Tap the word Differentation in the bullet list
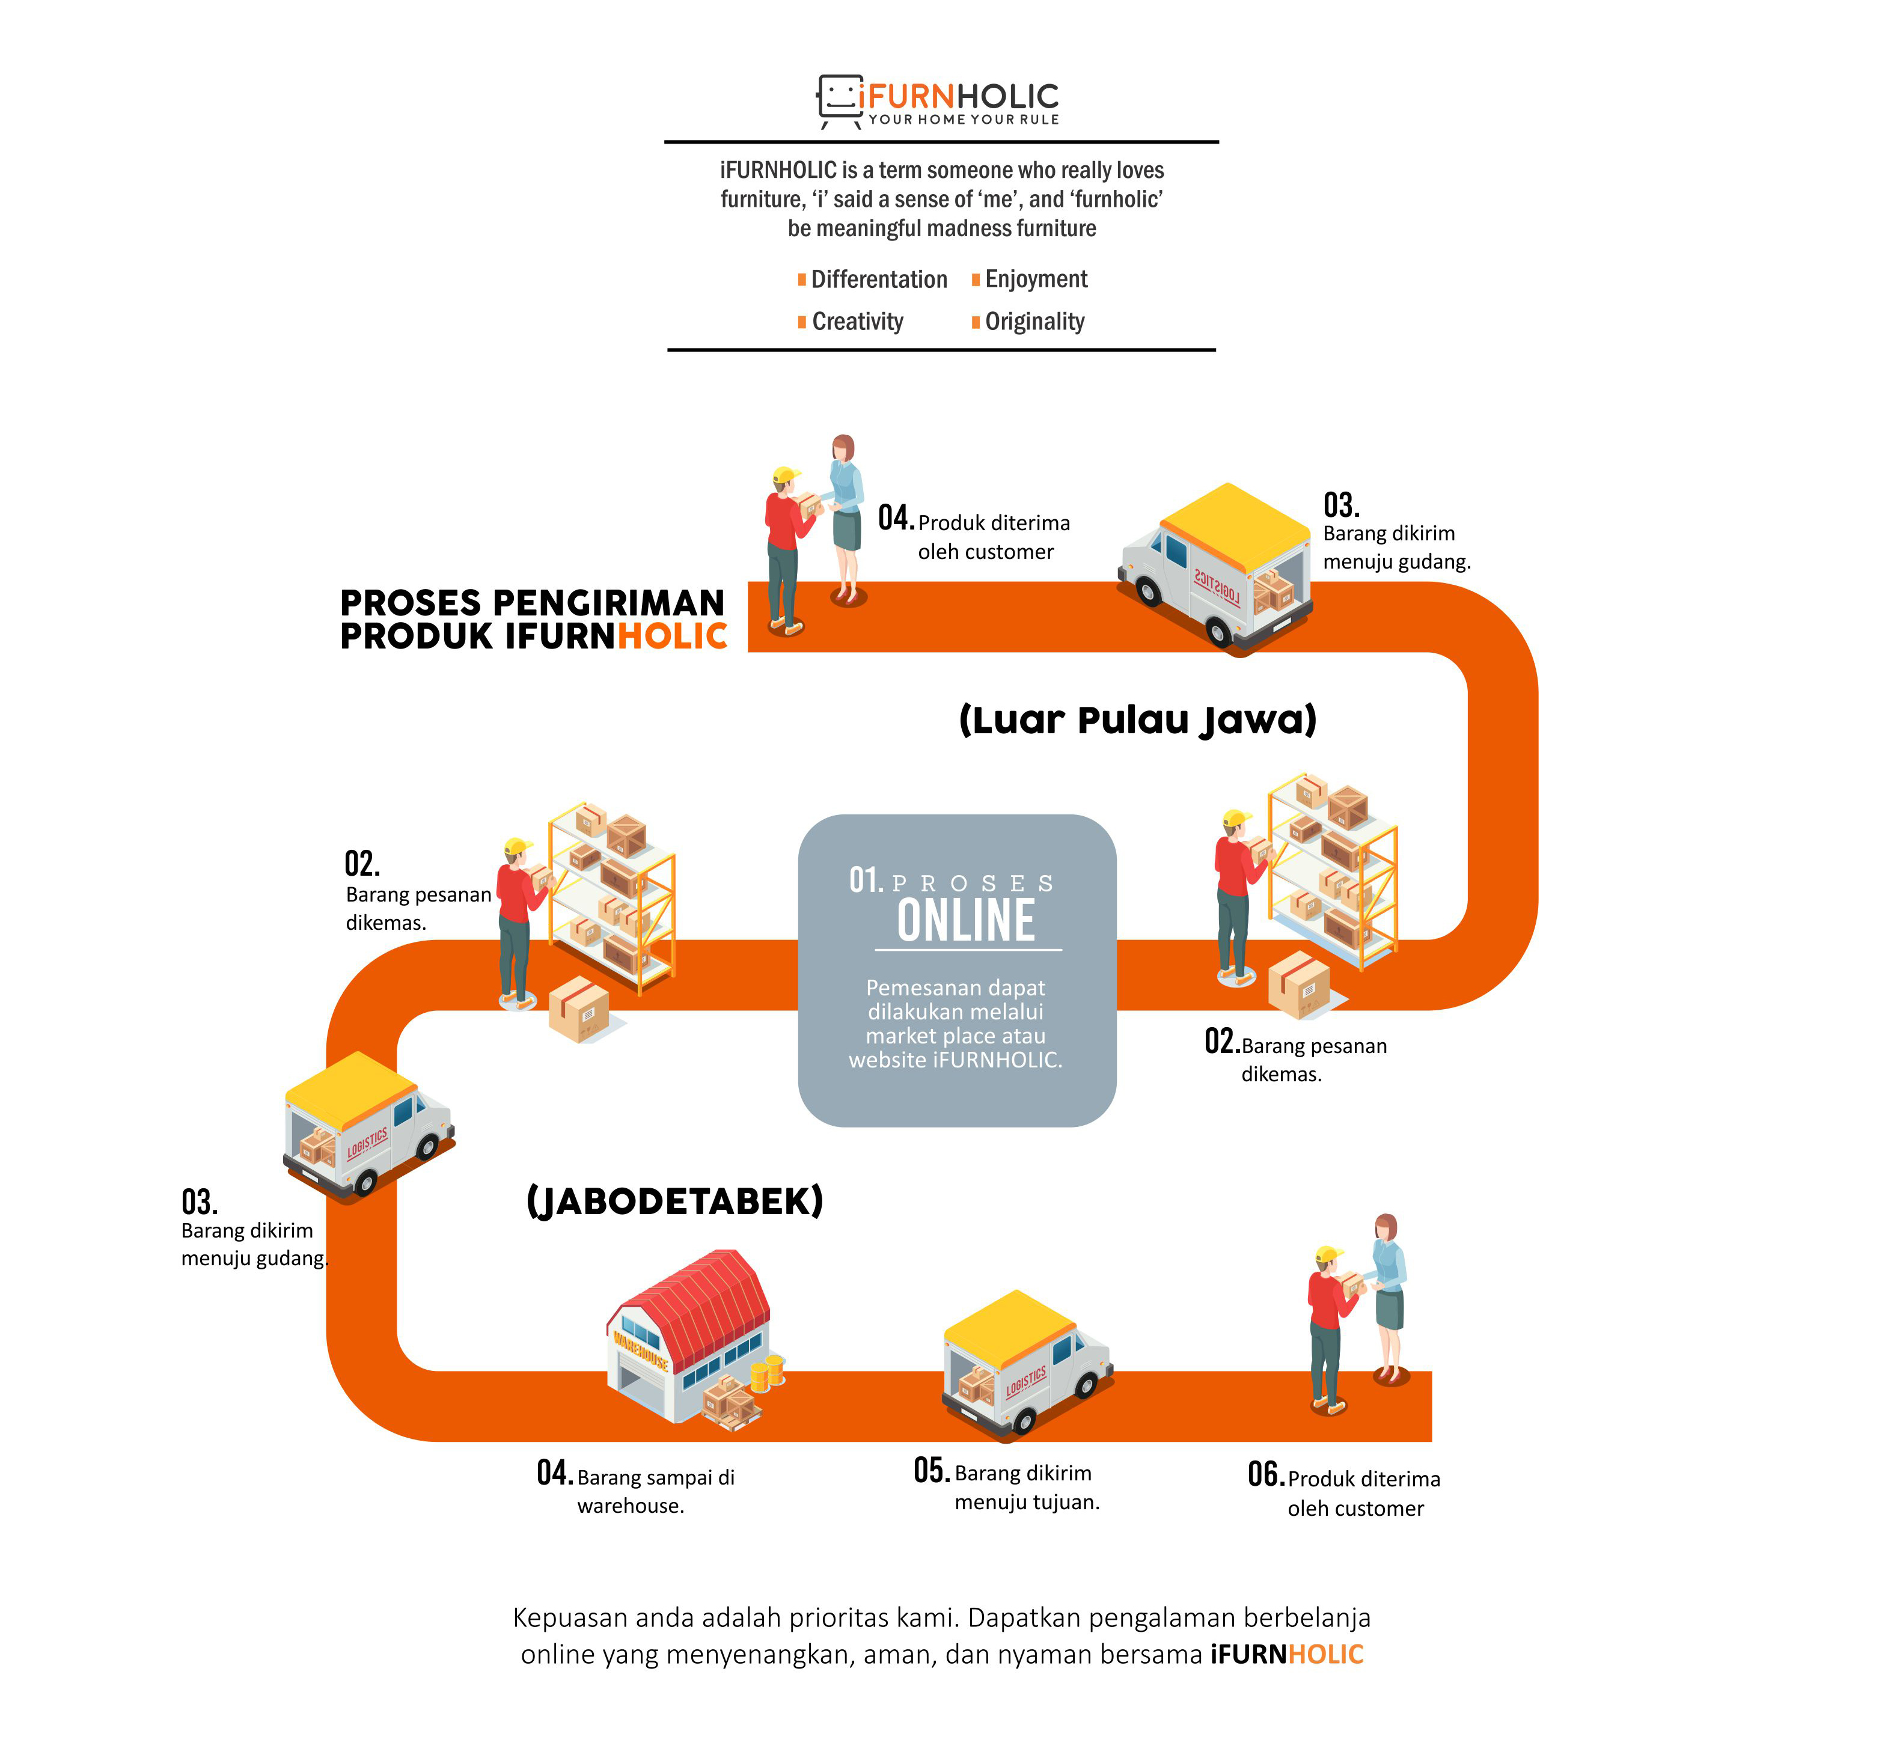tap(879, 279)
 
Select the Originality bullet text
tap(1034, 322)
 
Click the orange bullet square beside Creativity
tap(802, 322)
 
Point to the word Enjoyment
tap(1036, 279)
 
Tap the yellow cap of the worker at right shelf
tap(1236, 818)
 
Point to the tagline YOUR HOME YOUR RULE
tap(964, 120)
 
